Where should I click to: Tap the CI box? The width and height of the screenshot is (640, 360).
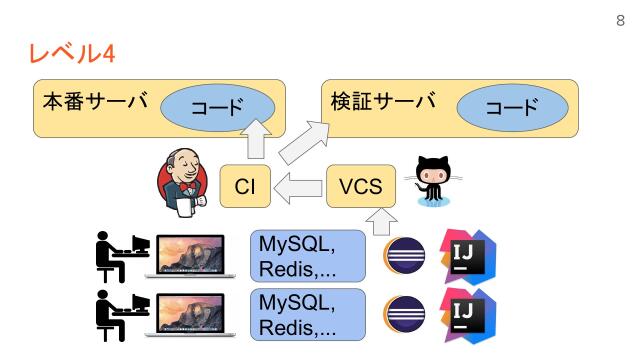(246, 187)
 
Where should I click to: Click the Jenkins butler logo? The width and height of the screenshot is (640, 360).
(183, 185)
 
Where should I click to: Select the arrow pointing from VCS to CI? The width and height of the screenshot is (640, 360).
(299, 187)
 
